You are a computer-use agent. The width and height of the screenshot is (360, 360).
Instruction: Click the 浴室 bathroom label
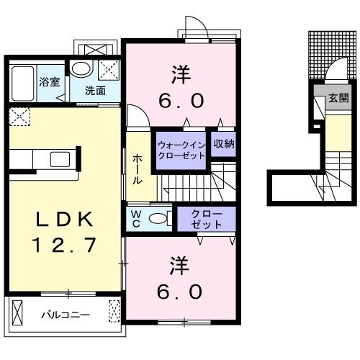coord(48,82)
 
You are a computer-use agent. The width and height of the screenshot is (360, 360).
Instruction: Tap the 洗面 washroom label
coord(95,91)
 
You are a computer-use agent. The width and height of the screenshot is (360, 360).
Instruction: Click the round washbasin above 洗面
coord(80,71)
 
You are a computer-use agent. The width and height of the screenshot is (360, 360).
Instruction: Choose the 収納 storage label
coord(224,143)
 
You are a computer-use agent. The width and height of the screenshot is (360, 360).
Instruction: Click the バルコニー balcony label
coord(65,315)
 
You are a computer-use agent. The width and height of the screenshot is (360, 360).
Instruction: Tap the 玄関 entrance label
coord(338,97)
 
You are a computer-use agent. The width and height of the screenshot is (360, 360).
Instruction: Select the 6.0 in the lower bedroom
coord(181,292)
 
